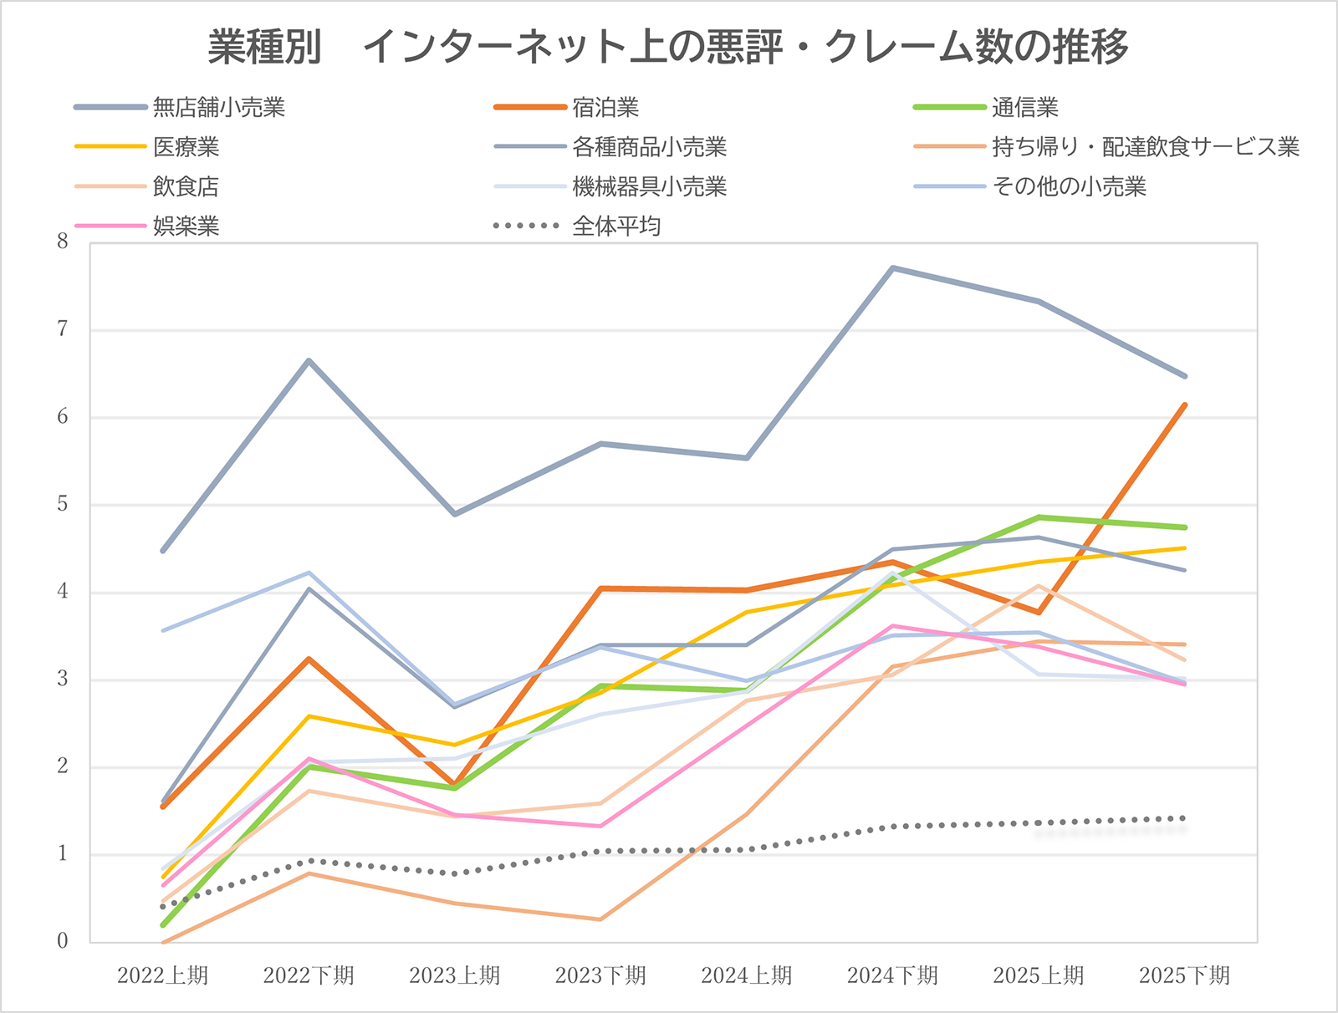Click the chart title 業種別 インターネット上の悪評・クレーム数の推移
(x=668, y=47)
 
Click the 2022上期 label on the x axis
(x=162, y=975)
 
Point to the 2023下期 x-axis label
(x=600, y=975)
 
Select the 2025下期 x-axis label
(x=1184, y=975)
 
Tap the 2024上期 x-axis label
(x=746, y=975)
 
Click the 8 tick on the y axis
(x=63, y=242)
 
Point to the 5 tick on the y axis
(x=63, y=505)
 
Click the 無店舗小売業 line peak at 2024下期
(x=893, y=268)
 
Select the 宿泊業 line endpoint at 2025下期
(x=1185, y=405)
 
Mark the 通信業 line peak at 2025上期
(x=1039, y=517)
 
